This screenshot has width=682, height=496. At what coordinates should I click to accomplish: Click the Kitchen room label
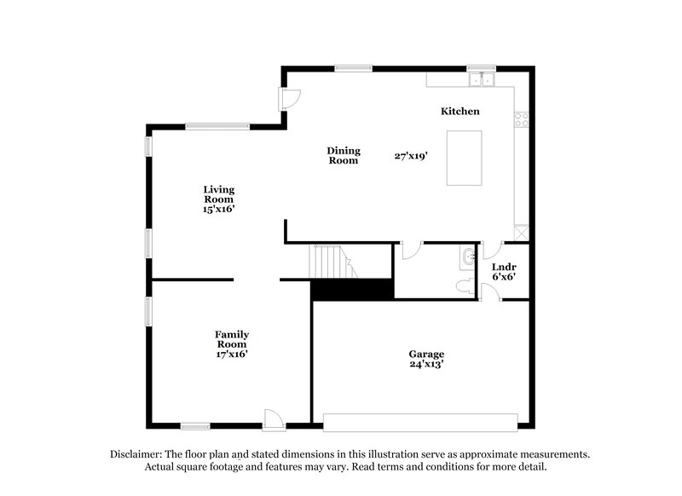tap(459, 112)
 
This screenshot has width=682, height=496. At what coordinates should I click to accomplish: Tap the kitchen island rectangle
tap(464, 158)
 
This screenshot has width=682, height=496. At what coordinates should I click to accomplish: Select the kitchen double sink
tap(482, 80)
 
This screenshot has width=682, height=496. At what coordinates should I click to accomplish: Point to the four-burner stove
tap(522, 119)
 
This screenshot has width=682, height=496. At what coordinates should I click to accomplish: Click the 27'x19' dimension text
tap(411, 156)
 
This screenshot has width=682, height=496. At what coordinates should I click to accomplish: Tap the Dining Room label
tap(344, 156)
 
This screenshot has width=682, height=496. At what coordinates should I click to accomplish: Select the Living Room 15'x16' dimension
tap(219, 209)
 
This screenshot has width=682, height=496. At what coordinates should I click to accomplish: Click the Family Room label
tap(232, 339)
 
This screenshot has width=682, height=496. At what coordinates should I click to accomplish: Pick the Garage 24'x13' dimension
tap(426, 364)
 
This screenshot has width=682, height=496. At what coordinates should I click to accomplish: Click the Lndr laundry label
tap(504, 267)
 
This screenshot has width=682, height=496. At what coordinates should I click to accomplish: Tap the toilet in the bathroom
tap(465, 287)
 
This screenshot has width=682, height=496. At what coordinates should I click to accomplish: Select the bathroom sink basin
tap(469, 257)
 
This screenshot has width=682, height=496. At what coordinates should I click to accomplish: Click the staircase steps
tap(332, 262)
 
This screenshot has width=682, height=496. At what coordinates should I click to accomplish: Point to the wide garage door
tap(420, 423)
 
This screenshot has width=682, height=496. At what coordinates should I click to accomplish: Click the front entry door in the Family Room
tap(274, 420)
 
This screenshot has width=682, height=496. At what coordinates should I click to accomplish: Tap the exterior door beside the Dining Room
tap(290, 100)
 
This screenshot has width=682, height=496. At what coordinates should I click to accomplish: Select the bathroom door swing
tap(412, 251)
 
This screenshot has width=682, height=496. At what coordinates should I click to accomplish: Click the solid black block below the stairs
tap(352, 289)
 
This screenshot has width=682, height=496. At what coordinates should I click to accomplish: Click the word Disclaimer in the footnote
tap(136, 454)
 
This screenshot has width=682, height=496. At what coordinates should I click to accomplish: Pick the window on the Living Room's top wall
tap(217, 126)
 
